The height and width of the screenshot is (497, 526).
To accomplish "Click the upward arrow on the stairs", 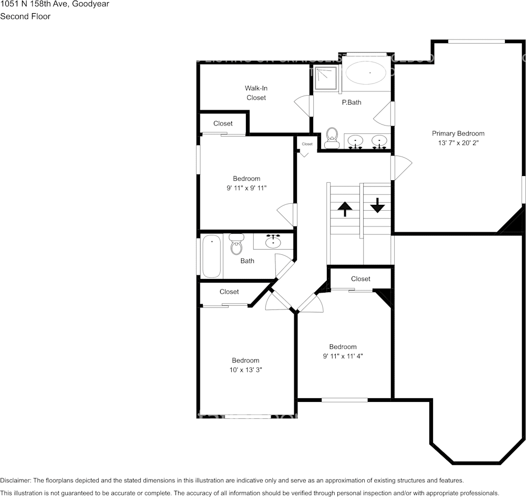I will point(345,209).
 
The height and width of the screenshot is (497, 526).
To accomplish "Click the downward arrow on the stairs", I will point(377,205).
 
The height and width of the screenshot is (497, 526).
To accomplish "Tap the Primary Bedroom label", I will point(458,133).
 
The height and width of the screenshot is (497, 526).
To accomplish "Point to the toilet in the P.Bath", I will point(331,138).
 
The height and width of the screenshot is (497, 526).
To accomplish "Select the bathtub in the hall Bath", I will point(212,256).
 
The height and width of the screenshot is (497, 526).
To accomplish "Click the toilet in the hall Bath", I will point(236,244).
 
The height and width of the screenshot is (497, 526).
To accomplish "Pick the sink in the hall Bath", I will point(273,242).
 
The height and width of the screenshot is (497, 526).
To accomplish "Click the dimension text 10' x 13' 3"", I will point(245,370).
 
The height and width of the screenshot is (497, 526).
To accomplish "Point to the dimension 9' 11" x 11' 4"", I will point(343,356).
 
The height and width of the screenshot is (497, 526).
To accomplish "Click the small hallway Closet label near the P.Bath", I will point(307,144).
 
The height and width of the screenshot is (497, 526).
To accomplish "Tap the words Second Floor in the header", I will point(25,16).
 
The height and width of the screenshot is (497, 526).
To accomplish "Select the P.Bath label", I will point(352,102).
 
